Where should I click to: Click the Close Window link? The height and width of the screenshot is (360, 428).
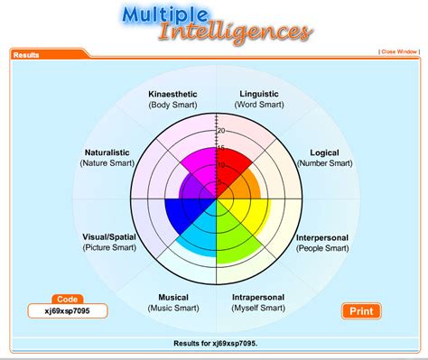coord(399,51)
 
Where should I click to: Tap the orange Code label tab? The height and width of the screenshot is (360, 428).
coord(67,299)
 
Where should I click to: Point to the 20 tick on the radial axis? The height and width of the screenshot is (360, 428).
coord(220,132)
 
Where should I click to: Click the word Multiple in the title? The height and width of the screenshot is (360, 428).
coord(163,16)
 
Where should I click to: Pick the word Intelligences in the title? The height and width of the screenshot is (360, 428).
coord(235,34)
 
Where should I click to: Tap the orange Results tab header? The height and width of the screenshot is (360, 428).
coord(27,55)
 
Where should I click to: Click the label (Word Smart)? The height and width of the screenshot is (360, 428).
coord(258,105)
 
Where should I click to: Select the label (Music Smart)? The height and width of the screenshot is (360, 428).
coord(172,309)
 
